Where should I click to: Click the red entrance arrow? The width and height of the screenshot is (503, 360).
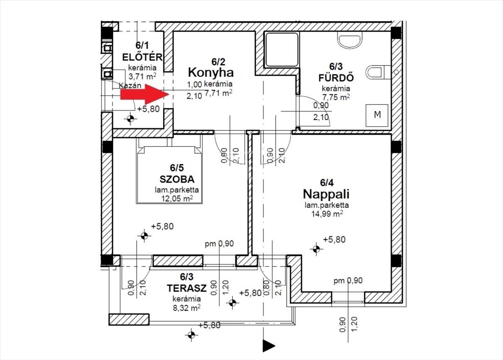(x=145, y=94)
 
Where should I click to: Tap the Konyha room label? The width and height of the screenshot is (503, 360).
(x=210, y=73)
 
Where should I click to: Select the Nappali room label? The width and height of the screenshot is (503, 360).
(x=326, y=195)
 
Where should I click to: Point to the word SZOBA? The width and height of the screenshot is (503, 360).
(x=177, y=179)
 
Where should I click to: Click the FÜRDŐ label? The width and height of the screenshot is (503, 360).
(x=336, y=78)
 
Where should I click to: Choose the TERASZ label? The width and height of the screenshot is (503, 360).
(x=187, y=288)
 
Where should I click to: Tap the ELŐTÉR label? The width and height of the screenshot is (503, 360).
(x=142, y=57)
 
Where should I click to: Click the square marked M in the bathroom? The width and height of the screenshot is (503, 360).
(x=377, y=115)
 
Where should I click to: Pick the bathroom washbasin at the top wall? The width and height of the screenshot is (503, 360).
(x=350, y=40)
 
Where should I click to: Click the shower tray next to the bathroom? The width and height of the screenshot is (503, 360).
(x=282, y=50)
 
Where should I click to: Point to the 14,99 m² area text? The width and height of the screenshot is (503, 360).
(x=327, y=214)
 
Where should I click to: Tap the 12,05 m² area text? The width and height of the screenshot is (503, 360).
(x=177, y=198)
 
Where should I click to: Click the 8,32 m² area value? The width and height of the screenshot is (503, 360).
(x=187, y=308)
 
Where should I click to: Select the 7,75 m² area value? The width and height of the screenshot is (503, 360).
(x=336, y=97)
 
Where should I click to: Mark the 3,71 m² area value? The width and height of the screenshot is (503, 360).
(x=143, y=76)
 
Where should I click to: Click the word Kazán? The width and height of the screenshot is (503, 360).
(x=130, y=86)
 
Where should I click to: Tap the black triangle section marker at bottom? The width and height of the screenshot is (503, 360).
(x=269, y=346)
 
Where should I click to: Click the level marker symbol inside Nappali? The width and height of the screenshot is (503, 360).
(x=316, y=249)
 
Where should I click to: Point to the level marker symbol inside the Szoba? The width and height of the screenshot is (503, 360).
(x=144, y=236)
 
